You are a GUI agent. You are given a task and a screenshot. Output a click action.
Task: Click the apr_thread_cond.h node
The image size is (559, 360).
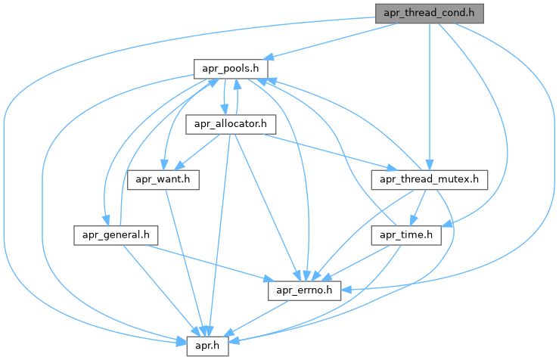[428, 13]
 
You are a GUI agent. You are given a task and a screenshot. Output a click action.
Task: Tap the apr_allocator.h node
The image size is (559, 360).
[224, 124]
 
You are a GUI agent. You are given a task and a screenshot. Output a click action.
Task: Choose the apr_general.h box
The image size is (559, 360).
[116, 234]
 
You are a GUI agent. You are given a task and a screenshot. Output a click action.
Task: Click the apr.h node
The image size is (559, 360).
[208, 344]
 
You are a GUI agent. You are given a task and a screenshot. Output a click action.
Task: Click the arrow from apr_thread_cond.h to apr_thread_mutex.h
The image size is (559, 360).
[429, 91]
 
